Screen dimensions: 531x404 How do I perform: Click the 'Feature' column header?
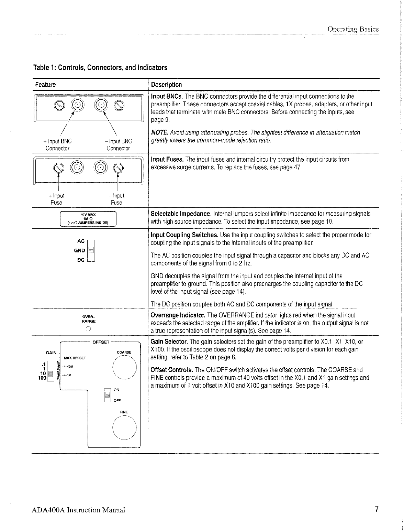click(45, 85)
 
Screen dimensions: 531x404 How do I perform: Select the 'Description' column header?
click(167, 85)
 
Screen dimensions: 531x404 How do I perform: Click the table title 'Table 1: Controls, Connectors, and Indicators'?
click(100, 67)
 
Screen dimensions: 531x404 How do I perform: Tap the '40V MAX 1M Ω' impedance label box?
click(88, 219)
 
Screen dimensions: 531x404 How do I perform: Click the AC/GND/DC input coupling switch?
click(91, 251)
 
